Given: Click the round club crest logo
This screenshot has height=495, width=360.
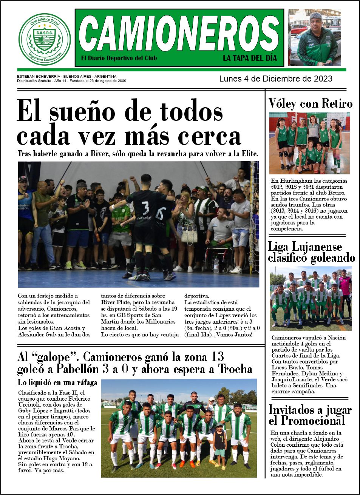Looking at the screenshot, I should [x=45, y=39].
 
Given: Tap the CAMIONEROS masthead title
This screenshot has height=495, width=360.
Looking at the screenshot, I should [x=179, y=33].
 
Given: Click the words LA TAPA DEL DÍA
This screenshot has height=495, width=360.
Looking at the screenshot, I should [x=250, y=58].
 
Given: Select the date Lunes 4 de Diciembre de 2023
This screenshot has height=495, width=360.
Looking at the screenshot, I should [x=275, y=79].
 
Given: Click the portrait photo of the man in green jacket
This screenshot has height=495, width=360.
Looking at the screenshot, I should [x=315, y=38].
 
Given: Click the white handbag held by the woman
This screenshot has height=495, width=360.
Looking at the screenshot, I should [x=189, y=235].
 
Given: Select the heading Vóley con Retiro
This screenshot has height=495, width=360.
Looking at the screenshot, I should [x=311, y=103].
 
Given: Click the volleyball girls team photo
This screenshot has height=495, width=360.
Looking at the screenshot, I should [x=309, y=143].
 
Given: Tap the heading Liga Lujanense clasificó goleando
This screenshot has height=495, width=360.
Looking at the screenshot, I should [x=311, y=252].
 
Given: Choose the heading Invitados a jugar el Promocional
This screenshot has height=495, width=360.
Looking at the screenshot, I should [x=310, y=415].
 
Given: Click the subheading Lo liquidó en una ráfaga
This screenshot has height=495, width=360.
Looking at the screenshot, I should [x=57, y=382].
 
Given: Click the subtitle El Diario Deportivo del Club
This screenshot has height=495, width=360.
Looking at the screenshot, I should [x=119, y=58].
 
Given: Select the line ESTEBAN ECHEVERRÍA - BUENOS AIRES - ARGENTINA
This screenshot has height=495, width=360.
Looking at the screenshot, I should [x=66, y=76].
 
